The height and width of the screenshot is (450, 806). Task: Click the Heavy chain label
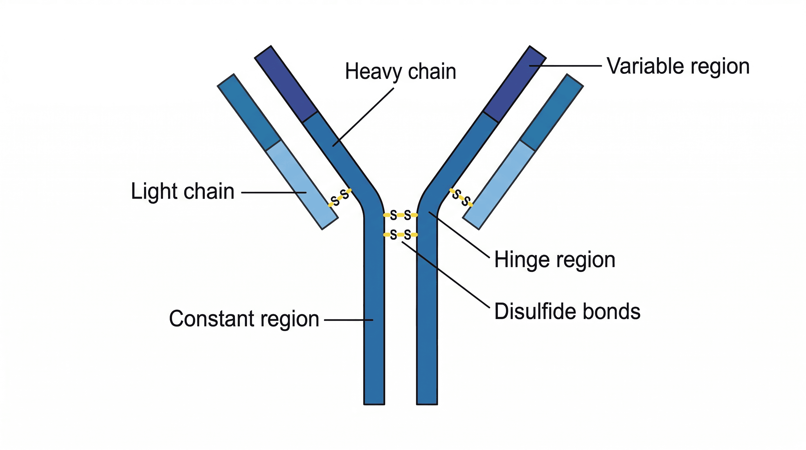400,72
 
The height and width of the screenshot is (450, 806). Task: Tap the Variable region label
678,66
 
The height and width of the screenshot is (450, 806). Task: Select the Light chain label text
182,191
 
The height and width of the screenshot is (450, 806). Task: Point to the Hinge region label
554,260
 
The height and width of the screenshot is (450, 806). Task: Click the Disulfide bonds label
567,311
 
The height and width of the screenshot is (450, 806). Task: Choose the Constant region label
244,319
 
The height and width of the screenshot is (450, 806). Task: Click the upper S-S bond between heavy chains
400,215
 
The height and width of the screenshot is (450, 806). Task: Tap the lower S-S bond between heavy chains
400,234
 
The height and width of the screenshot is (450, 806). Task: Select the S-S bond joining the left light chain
340,198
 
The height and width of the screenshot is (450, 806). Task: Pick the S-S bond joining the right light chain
461,198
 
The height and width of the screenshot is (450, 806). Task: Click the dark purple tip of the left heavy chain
286,84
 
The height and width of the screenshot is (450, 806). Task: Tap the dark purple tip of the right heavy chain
515,84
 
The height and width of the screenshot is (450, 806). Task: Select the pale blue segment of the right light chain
499,185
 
